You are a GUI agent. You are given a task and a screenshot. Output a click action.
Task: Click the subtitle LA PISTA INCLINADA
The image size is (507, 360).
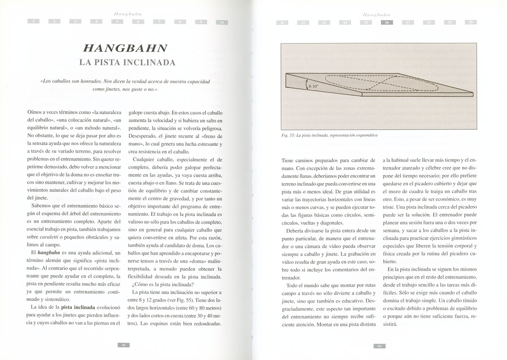127,63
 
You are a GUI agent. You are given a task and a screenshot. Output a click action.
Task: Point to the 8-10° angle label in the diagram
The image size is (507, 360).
314,86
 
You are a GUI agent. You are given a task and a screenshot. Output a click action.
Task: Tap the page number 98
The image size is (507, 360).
123,344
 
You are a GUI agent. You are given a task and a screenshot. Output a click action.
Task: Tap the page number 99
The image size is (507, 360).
379,346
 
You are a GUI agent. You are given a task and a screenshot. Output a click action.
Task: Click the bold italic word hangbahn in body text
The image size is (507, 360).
39,252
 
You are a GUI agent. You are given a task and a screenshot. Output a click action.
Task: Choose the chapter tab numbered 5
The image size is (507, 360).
117,22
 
